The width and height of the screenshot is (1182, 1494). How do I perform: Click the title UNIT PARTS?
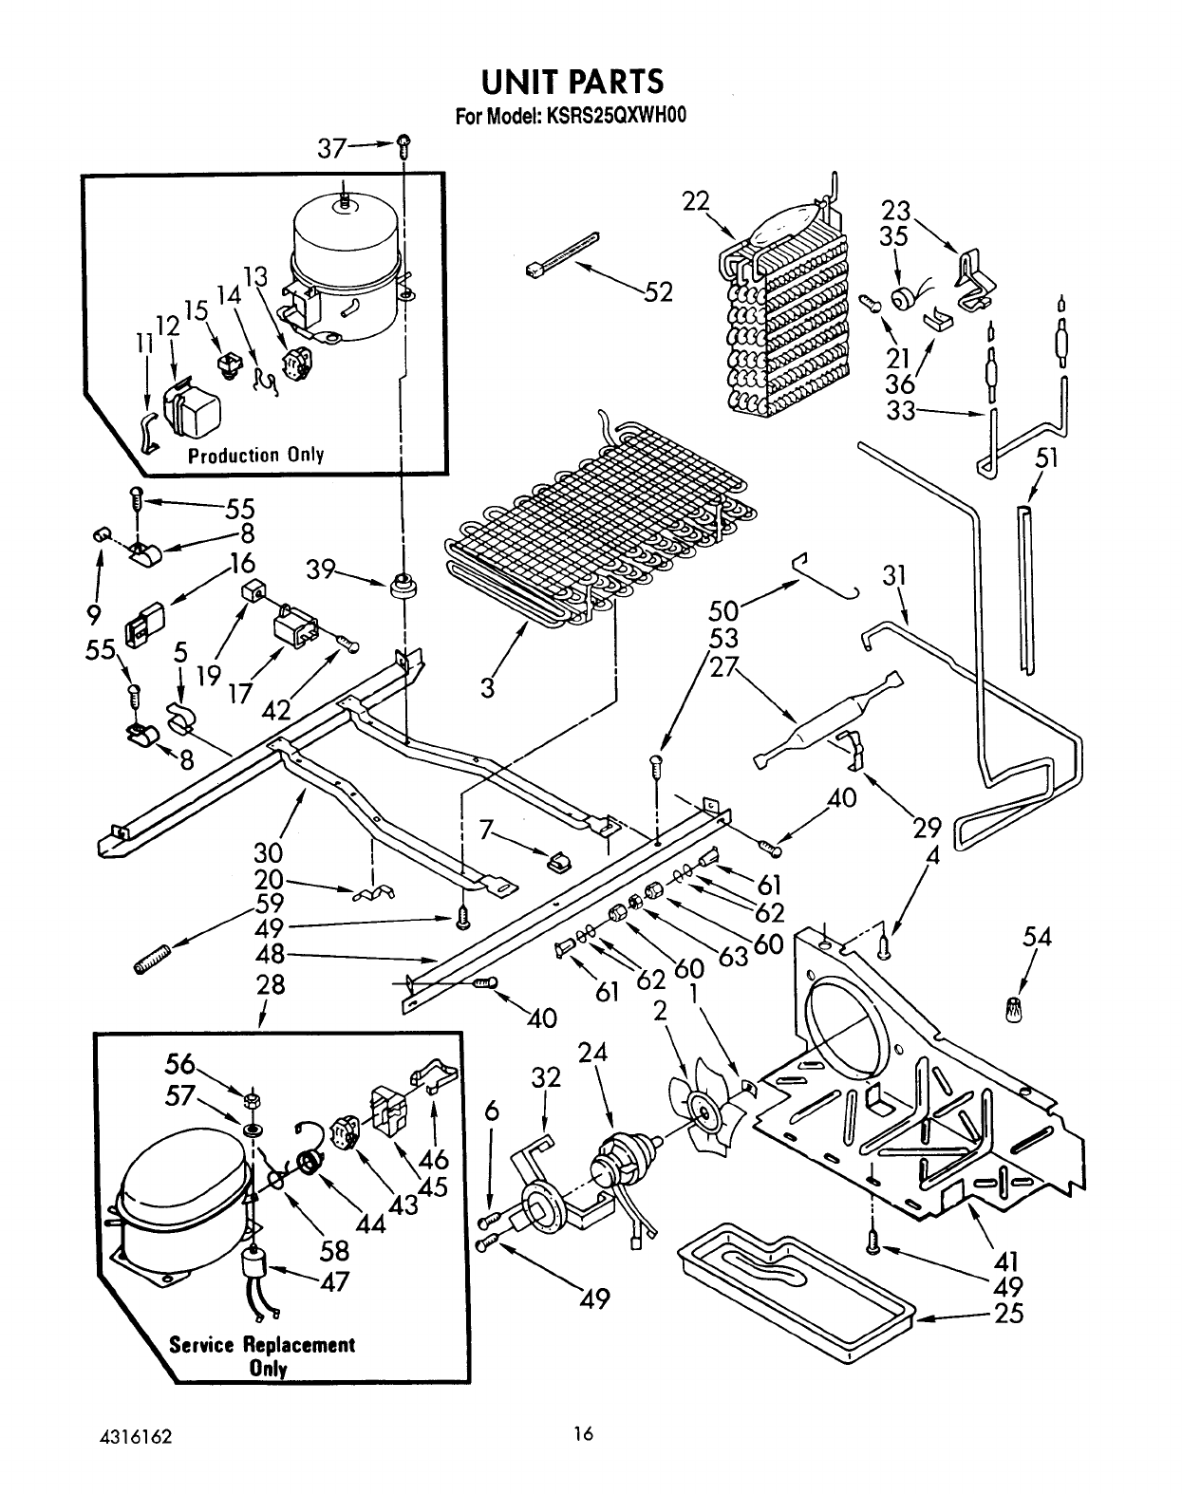pyautogui.click(x=572, y=82)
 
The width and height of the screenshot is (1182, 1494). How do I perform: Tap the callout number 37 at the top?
pyautogui.click(x=332, y=148)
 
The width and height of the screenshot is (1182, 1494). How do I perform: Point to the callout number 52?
pyautogui.click(x=658, y=292)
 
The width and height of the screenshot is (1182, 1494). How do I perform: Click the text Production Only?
pyautogui.click(x=256, y=456)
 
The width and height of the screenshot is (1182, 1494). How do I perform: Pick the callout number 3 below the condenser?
pyautogui.click(x=488, y=687)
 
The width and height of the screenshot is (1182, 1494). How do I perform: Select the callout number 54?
pyautogui.click(x=1037, y=937)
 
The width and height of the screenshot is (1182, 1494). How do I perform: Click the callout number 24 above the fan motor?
pyautogui.click(x=592, y=1054)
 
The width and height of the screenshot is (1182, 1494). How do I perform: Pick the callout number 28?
pyautogui.click(x=271, y=984)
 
